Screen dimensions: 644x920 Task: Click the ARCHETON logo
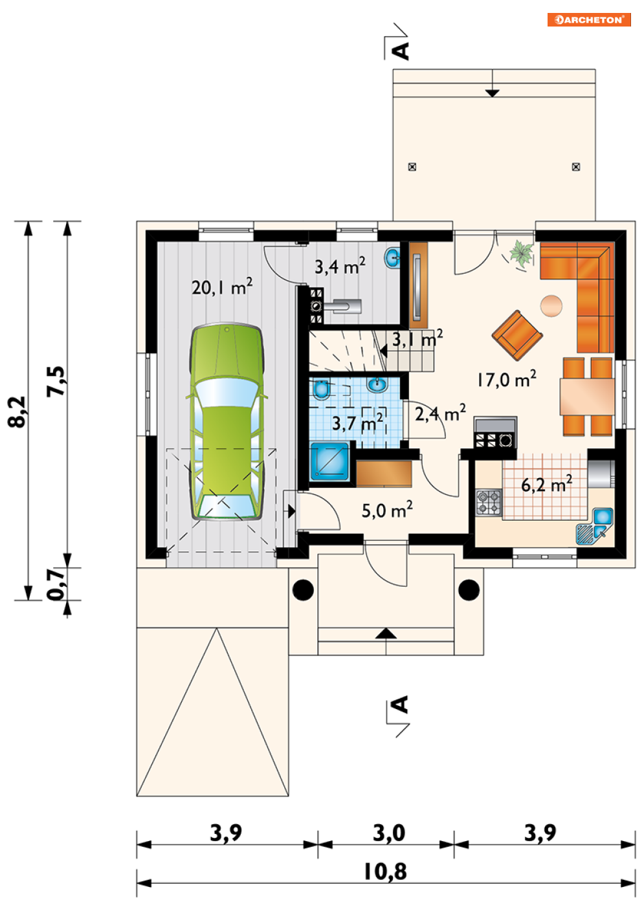click(588, 19)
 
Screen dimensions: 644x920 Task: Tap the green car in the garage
click(227, 421)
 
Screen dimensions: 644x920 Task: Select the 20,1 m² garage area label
click(222, 287)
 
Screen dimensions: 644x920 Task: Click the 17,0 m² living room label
click(506, 380)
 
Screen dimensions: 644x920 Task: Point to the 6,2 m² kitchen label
click(547, 485)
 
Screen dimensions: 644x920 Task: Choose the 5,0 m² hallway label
click(387, 510)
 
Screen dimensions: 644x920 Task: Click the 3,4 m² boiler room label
click(340, 266)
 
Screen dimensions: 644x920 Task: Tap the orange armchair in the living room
click(517, 335)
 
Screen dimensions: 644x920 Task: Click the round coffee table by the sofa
click(551, 306)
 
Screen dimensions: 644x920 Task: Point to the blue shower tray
click(329, 461)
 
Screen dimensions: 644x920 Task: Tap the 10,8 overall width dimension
click(385, 872)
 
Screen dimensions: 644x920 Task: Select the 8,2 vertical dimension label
click(17, 411)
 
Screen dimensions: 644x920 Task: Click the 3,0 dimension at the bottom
click(389, 833)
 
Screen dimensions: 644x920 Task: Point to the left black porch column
click(303, 590)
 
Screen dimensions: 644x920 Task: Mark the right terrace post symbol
click(576, 167)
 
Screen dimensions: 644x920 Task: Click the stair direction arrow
click(383, 351)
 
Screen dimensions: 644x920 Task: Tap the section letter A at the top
click(401, 51)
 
